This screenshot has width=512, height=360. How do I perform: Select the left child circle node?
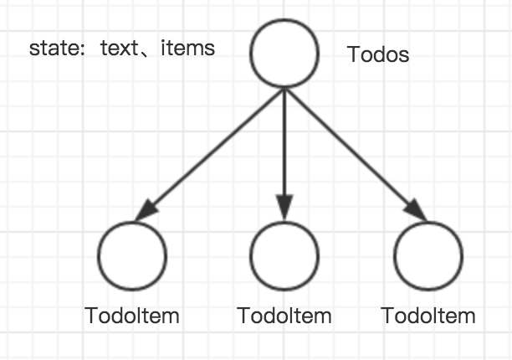pyautogui.click(x=132, y=222)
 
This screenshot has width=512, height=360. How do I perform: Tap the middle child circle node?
pyautogui.click(x=284, y=222)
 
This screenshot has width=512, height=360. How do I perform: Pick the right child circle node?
pyautogui.click(x=428, y=222)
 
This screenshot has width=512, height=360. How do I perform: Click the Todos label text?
pyautogui.click(x=378, y=54)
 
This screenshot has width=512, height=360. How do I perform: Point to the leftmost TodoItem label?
pyautogui.click(x=132, y=316)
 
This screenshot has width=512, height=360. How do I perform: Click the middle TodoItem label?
pyautogui.click(x=284, y=316)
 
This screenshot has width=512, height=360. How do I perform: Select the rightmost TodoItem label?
pyautogui.click(x=428, y=316)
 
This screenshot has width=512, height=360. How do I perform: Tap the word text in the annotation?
pyautogui.click(x=119, y=49)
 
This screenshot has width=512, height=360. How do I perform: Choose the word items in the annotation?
pyautogui.click(x=187, y=48)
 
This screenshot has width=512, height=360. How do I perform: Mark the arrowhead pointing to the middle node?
pyautogui.click(x=284, y=207)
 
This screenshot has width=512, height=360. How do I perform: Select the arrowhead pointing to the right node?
pyautogui.click(x=415, y=210)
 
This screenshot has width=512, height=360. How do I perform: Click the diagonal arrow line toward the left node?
pyautogui.click(x=209, y=155)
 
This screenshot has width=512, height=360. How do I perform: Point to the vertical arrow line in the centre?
pyautogui.click(x=284, y=154)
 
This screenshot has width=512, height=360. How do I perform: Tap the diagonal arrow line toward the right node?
pyautogui.click(x=356, y=155)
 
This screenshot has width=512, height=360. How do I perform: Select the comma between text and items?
pyautogui.click(x=145, y=53)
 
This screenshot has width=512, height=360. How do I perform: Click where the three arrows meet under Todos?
pyautogui.click(x=284, y=89)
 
